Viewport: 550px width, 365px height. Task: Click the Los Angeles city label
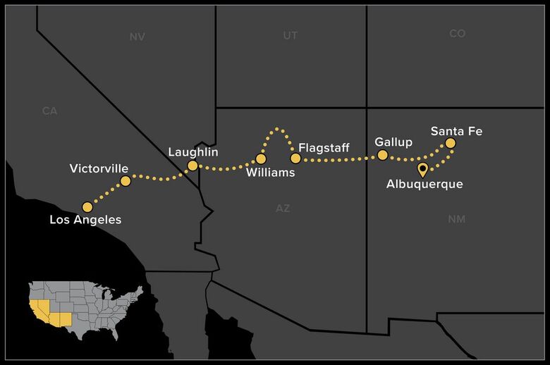pyautogui.click(x=85, y=220)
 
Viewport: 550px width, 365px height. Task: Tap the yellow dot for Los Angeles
pyautogui.click(x=87, y=207)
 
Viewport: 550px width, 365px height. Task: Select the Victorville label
pyautogui.click(x=99, y=168)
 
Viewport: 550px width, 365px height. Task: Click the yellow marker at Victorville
pyautogui.click(x=126, y=181)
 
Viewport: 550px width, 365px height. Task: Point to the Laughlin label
pyautogui.click(x=193, y=152)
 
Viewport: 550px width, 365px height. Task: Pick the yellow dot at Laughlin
pyautogui.click(x=192, y=166)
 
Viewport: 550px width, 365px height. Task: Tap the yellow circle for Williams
pyautogui.click(x=261, y=159)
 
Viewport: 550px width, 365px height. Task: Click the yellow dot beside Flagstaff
pyautogui.click(x=295, y=159)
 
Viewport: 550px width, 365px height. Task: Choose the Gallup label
pyautogui.click(x=393, y=142)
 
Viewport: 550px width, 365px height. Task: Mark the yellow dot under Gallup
pyautogui.click(x=383, y=154)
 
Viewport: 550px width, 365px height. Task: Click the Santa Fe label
pyautogui.click(x=456, y=131)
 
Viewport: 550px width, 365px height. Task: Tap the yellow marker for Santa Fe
pyautogui.click(x=450, y=143)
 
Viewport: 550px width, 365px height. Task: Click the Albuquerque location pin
pyautogui.click(x=422, y=169)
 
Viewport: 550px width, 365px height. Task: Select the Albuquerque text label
pyautogui.click(x=424, y=185)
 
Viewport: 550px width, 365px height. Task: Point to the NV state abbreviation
pyautogui.click(x=137, y=37)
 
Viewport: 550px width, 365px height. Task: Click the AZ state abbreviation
pyautogui.click(x=283, y=208)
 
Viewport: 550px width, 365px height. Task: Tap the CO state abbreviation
pyautogui.click(x=457, y=34)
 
